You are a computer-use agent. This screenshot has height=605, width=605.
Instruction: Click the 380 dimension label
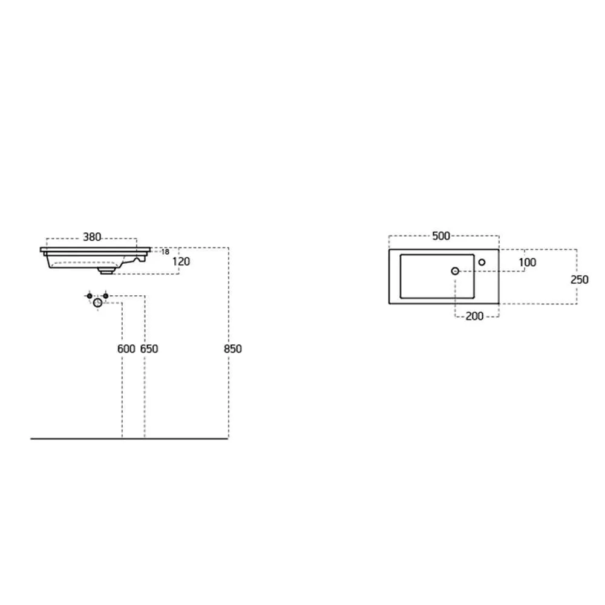click(x=92, y=237)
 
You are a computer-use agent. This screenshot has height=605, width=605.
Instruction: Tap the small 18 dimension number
click(x=165, y=252)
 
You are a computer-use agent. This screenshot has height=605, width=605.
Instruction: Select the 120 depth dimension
click(x=181, y=261)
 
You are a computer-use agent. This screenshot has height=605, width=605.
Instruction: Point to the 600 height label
click(x=126, y=349)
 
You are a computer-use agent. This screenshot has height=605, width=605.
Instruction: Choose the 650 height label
click(x=149, y=349)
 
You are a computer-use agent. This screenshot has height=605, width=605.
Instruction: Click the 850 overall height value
click(x=233, y=349)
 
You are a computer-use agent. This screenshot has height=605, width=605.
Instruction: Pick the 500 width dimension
click(x=441, y=236)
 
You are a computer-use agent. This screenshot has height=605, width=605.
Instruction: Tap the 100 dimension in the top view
click(x=528, y=263)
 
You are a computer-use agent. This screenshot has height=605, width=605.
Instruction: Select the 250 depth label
click(x=580, y=280)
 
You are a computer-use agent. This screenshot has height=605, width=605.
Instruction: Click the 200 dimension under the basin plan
click(x=474, y=316)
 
